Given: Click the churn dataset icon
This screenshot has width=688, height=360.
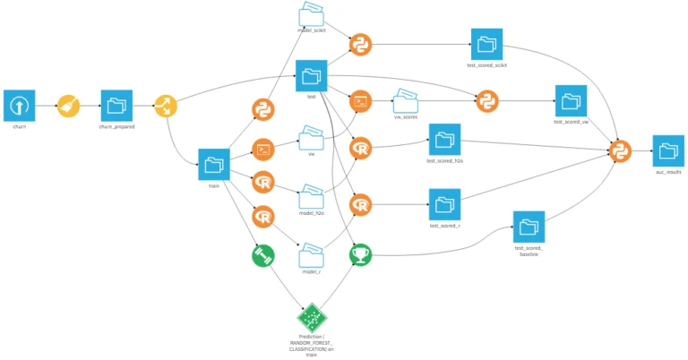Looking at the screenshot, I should [x=19, y=105].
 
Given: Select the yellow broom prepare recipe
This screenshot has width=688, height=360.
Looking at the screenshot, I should [x=69, y=106].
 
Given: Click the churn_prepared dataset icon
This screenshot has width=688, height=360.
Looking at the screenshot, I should [x=117, y=105].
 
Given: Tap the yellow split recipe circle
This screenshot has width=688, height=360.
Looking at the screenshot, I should [x=166, y=106].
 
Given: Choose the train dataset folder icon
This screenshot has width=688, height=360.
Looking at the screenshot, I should [x=214, y=164].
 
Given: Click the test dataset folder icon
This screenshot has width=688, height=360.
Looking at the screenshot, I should [x=311, y=75].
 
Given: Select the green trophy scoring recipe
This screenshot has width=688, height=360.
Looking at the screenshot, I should [x=360, y=255].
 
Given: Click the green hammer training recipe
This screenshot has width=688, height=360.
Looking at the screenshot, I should [x=262, y=255].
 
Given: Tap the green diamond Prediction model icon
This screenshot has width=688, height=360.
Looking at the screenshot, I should [x=311, y=317].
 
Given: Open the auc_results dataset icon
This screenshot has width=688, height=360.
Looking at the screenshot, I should [x=667, y=150].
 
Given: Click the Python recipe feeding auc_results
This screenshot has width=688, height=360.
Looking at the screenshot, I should [x=619, y=150].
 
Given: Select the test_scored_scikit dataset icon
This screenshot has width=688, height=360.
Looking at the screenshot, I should [x=486, y=44].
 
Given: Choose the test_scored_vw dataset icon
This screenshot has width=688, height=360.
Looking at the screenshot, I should [x=571, y=100].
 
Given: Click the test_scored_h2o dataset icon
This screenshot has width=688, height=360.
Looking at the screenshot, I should [x=443, y=140].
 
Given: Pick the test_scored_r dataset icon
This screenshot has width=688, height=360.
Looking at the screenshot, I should [x=444, y=204].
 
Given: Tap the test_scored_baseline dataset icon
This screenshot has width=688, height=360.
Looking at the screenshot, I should [x=529, y=225].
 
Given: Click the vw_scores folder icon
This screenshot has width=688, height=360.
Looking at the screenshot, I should [x=407, y=99].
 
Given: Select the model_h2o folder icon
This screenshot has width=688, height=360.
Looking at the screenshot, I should [x=311, y=196].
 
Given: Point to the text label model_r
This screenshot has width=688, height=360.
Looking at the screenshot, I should [x=311, y=271].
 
